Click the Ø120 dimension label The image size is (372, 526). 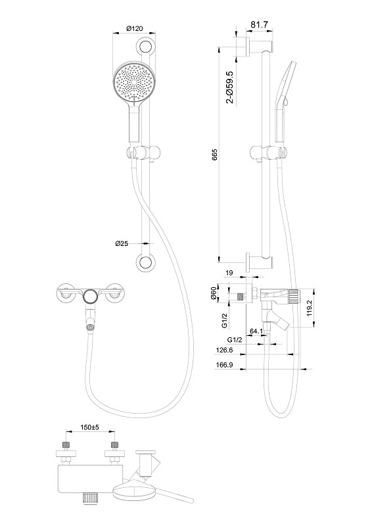click(x=134, y=28)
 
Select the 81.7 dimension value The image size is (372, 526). click(x=260, y=24)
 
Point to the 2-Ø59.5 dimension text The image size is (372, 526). click(x=230, y=87)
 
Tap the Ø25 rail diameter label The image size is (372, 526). click(x=122, y=243)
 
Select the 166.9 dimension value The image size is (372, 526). click(x=224, y=365)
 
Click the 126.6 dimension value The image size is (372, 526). click(x=224, y=350)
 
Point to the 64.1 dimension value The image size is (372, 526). click(x=256, y=331)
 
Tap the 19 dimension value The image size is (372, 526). click(x=229, y=273)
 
